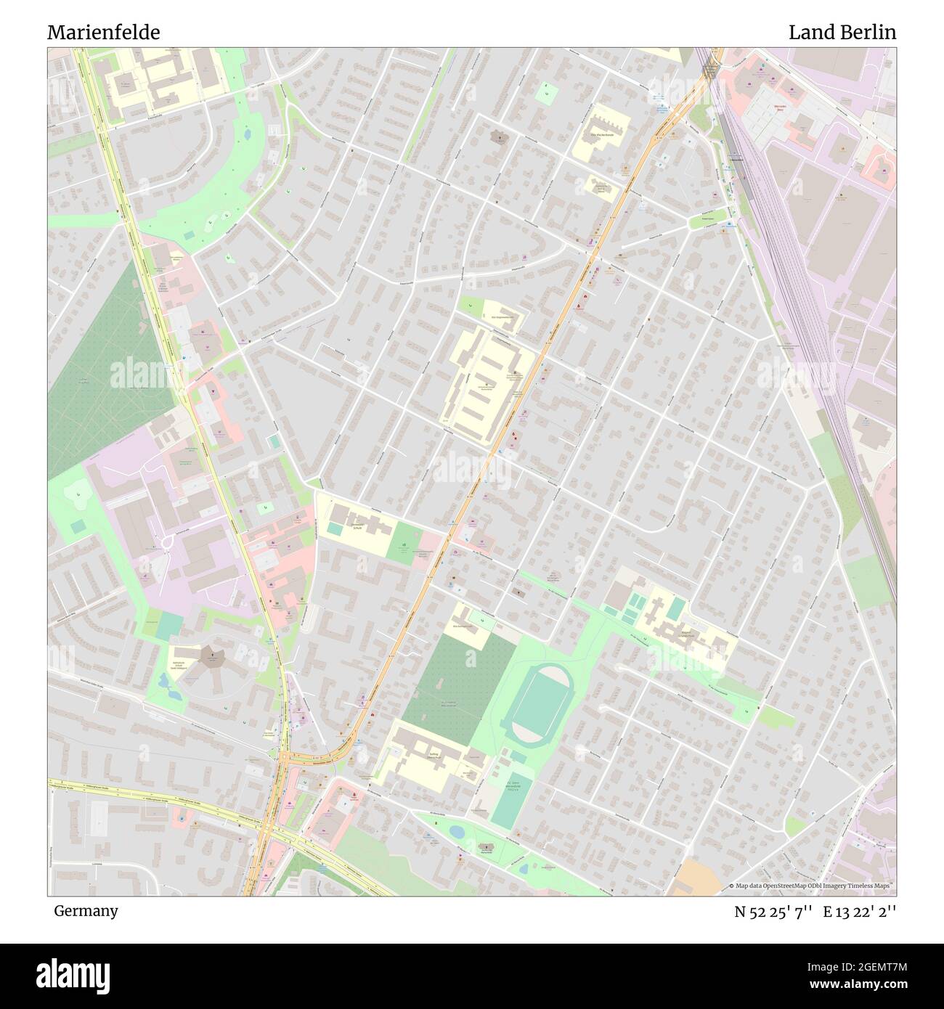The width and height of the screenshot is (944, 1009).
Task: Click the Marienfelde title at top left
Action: pyautogui.click(x=104, y=33)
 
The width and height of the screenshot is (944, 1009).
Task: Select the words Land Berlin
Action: pyautogui.click(x=842, y=33)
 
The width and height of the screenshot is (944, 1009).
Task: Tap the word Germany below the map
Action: pyautogui.click(x=86, y=910)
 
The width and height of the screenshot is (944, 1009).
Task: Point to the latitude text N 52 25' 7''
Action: pyautogui.click(x=773, y=912)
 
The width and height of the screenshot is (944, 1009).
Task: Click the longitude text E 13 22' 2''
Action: pyautogui.click(x=859, y=912)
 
